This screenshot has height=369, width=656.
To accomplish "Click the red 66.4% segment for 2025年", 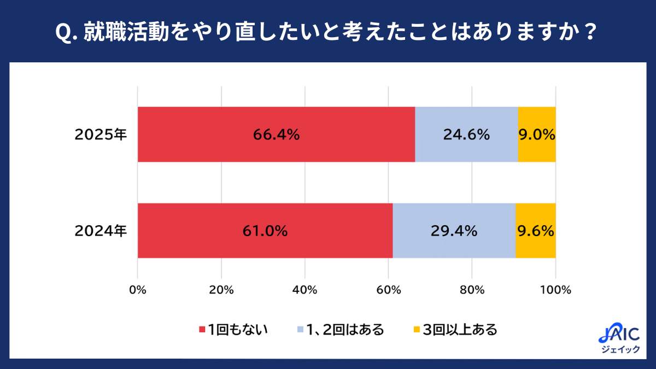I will (276, 134).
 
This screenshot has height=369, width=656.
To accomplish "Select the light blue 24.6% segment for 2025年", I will (466, 134).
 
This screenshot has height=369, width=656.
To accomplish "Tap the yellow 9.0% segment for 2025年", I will (537, 134).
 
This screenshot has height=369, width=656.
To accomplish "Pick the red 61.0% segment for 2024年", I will (265, 231).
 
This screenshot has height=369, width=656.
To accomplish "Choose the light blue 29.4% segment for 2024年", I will (454, 231).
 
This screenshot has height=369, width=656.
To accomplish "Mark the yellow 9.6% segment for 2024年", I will (536, 231).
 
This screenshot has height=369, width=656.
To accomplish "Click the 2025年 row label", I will (101, 135).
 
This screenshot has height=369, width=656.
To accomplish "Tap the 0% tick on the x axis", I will (138, 290).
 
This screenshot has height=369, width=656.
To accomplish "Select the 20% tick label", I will (221, 290).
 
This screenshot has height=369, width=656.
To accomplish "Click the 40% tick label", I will (305, 290).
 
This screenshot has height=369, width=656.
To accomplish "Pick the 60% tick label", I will (389, 290).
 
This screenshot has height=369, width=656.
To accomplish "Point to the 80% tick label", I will (472, 290).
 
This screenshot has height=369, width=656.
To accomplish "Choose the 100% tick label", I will (556, 290).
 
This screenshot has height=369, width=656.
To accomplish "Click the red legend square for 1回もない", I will (202, 330).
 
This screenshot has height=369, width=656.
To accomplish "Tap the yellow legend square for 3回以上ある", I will (416, 330).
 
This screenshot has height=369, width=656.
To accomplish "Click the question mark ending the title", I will (589, 32).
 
